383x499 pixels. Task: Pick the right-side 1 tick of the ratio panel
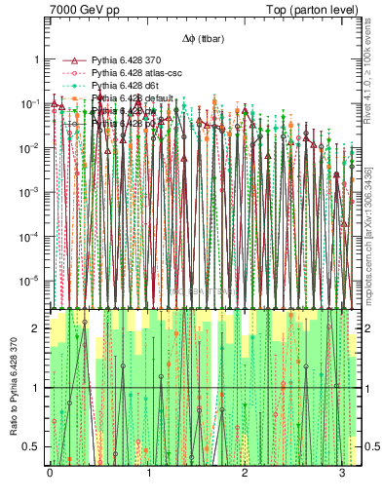click(356, 388)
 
